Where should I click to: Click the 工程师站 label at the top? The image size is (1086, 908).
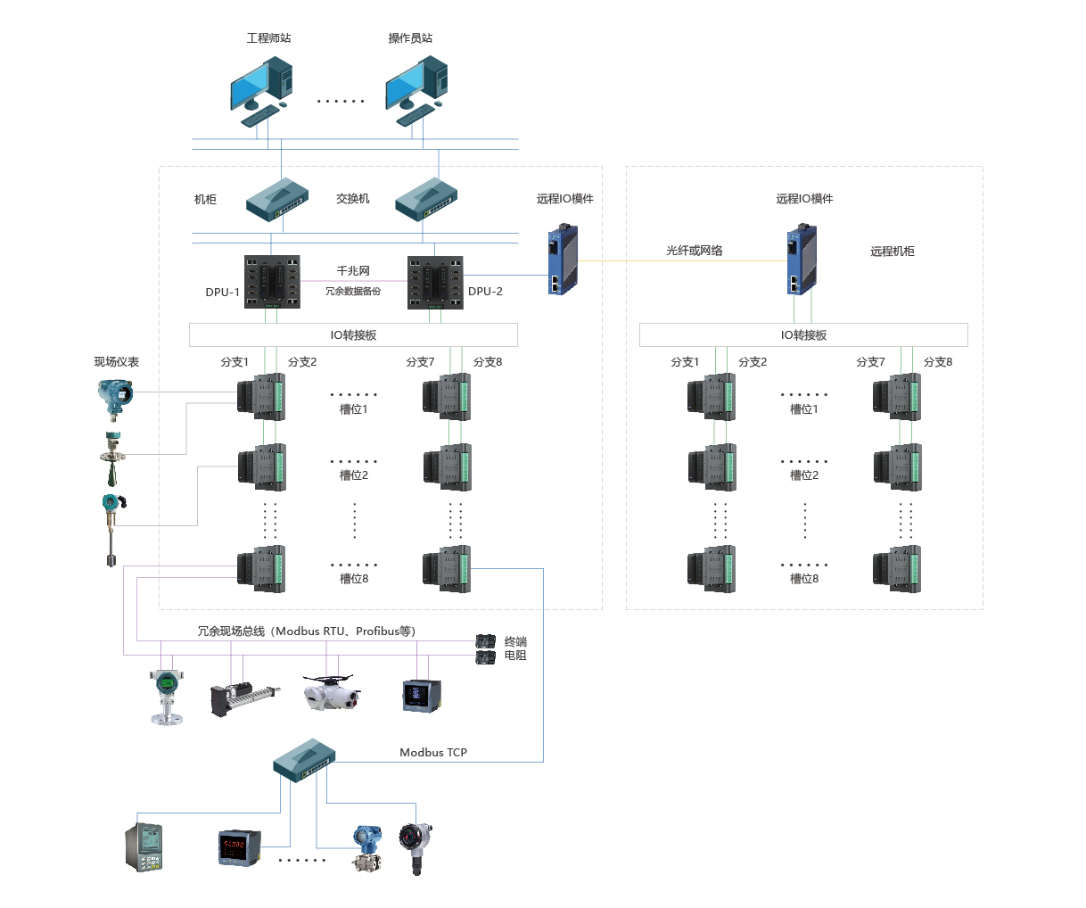click(268, 38)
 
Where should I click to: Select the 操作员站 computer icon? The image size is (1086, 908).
click(415, 89)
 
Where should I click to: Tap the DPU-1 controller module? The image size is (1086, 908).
click(272, 282)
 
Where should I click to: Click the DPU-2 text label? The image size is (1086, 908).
click(485, 292)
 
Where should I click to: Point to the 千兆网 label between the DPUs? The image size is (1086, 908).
click(352, 270)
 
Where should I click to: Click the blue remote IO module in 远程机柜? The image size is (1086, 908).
click(802, 260)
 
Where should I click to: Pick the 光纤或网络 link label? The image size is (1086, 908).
click(695, 251)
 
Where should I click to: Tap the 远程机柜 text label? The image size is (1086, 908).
click(893, 252)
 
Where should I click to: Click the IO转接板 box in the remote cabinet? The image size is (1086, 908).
click(803, 335)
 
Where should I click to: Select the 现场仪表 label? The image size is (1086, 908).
click(117, 362)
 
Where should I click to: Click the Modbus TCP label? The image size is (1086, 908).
click(433, 753)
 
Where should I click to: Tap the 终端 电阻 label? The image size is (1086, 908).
click(515, 648)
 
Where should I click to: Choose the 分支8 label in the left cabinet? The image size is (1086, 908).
click(488, 362)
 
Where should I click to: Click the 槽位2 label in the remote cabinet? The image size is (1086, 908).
click(803, 475)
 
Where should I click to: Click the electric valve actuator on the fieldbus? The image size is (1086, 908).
click(330, 692)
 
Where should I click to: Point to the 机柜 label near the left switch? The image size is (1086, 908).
click(206, 200)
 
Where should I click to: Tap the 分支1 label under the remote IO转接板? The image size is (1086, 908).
click(685, 362)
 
